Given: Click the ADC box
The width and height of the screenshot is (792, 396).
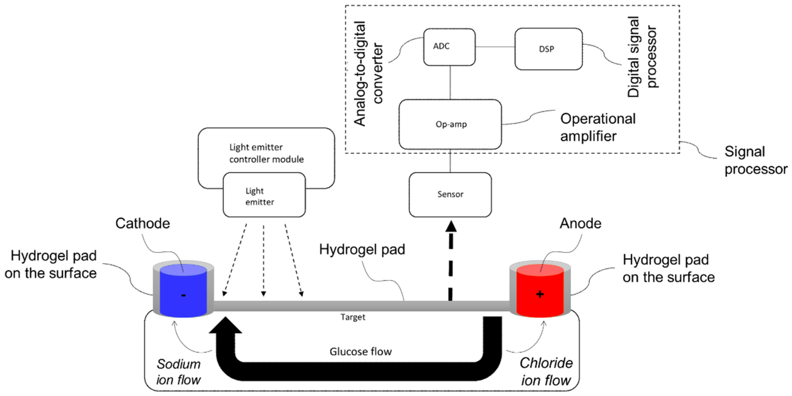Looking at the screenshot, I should tap(449, 47).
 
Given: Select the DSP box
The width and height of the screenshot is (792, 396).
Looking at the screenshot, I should tap(548, 49).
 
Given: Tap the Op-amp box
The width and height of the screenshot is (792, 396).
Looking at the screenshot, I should tap(450, 124).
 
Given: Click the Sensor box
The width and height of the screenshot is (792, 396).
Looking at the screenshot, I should tap(450, 194).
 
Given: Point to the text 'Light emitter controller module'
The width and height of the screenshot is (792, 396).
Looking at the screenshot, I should tap(266, 153).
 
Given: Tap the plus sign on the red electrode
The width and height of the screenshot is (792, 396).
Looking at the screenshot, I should tap(540, 294).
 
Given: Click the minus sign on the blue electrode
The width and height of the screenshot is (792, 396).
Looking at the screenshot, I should tap(184, 295).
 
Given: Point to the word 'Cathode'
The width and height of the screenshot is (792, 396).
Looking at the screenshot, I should tap(142, 223).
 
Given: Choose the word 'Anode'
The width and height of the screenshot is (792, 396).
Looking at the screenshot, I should tap(580, 223).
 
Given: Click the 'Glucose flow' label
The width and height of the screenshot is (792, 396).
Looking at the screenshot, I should tap(360, 352).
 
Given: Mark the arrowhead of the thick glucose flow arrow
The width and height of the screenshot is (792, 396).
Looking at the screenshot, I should tap(225, 325).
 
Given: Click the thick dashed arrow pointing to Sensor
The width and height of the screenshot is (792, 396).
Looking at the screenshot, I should tap(451, 261).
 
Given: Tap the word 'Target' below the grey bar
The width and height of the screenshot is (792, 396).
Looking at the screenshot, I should tap(353, 317).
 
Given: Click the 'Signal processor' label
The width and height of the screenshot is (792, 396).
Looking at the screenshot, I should tap(755, 160).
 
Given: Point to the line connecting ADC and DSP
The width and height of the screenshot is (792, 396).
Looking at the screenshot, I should tap(495, 47).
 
